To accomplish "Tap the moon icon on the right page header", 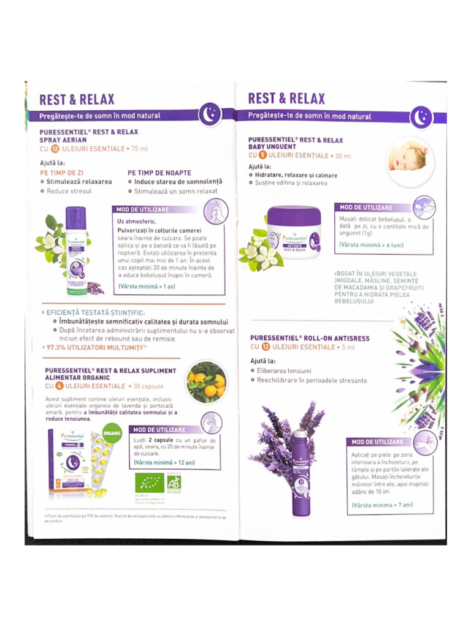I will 421,117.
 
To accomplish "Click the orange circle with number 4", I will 59,386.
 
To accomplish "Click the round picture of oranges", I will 207,382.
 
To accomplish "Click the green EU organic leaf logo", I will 149,483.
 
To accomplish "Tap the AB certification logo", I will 175,483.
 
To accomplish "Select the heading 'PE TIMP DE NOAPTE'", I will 159,173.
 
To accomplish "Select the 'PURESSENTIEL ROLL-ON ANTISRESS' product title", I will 310,338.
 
